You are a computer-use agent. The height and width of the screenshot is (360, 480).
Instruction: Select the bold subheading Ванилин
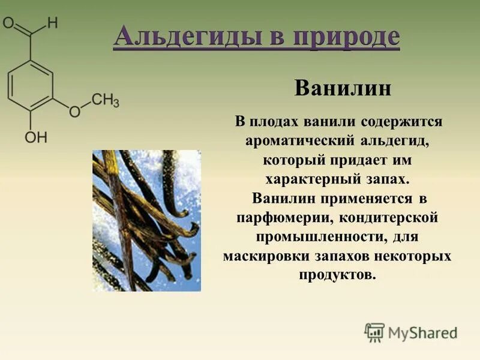click(x=343, y=89)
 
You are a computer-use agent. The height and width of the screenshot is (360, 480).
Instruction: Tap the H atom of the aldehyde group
click(x=53, y=23)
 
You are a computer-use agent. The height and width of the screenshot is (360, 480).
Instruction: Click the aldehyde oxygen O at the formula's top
click(x=9, y=23)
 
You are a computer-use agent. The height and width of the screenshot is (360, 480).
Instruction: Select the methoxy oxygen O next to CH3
click(x=74, y=112)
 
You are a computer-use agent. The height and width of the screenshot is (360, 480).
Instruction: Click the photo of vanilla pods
click(x=146, y=220)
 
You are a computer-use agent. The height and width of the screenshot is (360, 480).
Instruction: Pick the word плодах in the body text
click(x=274, y=122)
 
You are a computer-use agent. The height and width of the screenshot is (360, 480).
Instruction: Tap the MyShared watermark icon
click(x=374, y=332)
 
